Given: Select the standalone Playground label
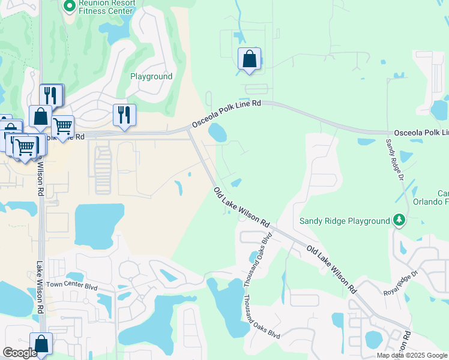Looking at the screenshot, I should coord(151,77).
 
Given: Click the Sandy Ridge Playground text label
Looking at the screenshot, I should coord(345,221).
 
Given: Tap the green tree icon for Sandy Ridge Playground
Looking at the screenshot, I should coord(399,221).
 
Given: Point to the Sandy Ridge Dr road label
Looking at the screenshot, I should coord(394,159).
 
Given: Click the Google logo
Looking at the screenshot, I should coord(20,353).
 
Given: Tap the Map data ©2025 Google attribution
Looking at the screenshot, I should coord(412,355).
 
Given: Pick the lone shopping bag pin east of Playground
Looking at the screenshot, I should coord(249,59).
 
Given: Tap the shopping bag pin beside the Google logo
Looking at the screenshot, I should coord(41,344).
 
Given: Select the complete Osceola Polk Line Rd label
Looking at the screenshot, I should coord(226,114).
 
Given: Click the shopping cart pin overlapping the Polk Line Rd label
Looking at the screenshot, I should coord(62,126).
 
